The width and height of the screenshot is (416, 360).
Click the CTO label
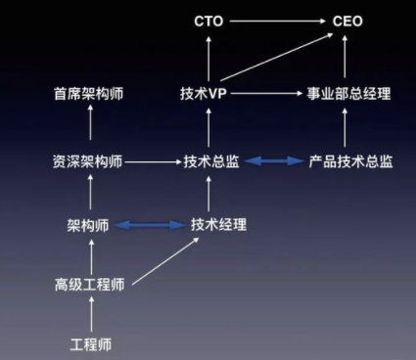(210, 20)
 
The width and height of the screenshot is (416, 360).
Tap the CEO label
(347, 20)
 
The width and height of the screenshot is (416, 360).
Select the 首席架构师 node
(89, 95)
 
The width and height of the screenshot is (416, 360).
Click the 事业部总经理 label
(346, 95)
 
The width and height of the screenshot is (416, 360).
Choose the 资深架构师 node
(89, 160)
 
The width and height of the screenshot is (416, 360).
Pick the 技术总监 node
(209, 160)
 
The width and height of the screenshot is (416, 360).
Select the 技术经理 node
(217, 224)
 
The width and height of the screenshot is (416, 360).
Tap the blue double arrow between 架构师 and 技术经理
(150, 225)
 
